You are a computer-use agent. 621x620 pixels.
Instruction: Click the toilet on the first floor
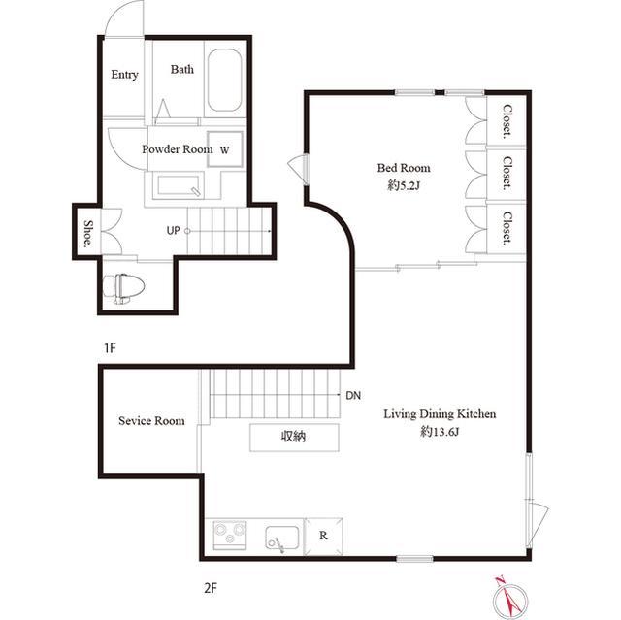123,288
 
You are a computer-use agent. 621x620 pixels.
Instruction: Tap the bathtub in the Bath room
224,81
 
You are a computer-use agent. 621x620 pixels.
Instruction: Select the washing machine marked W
225,149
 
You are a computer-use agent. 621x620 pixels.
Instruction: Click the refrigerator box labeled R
323,536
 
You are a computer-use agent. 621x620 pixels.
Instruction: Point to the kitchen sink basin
282,538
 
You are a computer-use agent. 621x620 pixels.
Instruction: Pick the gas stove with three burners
230,536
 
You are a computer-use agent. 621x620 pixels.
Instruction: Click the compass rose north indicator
510,599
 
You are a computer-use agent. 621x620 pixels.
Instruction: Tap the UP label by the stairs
173,230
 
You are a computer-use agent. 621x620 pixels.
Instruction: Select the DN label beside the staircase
353,395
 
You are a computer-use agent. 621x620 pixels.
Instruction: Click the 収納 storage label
293,437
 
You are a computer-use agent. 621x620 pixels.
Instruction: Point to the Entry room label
124,75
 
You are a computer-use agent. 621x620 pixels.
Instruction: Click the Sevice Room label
151,420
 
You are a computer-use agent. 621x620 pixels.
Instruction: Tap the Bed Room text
404,168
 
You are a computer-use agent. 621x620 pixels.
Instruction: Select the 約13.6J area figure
440,431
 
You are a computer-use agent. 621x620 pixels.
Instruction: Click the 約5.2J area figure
404,185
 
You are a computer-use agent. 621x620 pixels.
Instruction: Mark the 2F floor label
211,588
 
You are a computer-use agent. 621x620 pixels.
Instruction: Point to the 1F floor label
110,348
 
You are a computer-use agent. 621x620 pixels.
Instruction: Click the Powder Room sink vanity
179,185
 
